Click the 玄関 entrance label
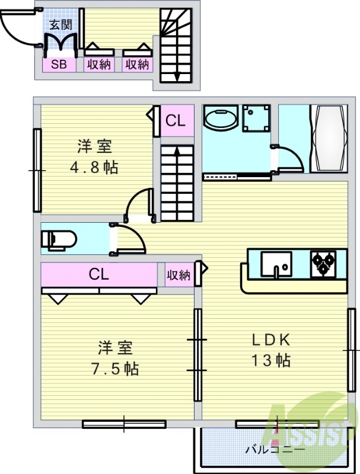pyautogui.click(x=60, y=24)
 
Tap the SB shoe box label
pyautogui.click(x=59, y=65)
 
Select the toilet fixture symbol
pyautogui.click(x=59, y=240)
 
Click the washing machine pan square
pyautogui.click(x=256, y=119)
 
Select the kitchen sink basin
pyautogui.click(x=276, y=264)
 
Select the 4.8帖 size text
pyautogui.click(x=94, y=167)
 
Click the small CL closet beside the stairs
pyautogui.click(x=176, y=121)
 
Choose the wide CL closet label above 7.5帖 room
pyautogui.click(x=98, y=274)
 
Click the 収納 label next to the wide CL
pyautogui.click(x=178, y=275)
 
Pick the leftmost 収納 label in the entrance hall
pyautogui.click(x=99, y=65)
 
